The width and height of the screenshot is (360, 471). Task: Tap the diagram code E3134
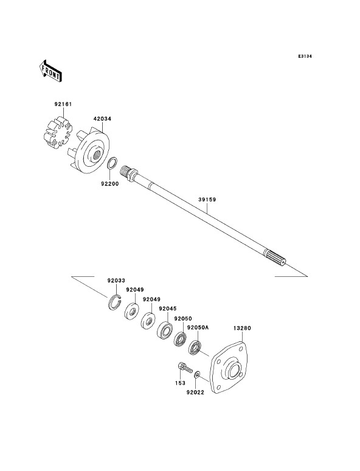click(x=305, y=56)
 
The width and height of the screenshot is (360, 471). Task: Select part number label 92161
click(x=63, y=104)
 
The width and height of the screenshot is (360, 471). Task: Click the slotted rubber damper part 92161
click(x=58, y=133)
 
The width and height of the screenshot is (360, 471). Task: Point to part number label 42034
click(x=102, y=119)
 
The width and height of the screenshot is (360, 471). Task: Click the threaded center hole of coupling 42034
click(x=96, y=155)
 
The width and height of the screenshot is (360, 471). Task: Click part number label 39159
click(x=207, y=199)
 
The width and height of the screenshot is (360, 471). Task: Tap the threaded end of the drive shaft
click(x=125, y=172)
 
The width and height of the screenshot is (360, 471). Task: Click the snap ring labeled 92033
click(x=114, y=302)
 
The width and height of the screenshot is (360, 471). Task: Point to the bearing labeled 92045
click(x=165, y=330)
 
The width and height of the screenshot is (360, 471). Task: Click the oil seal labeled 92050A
click(x=195, y=347)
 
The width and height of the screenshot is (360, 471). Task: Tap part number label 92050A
click(x=198, y=327)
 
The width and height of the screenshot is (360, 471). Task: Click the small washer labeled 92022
click(x=197, y=375)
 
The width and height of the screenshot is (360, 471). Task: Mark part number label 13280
click(x=242, y=328)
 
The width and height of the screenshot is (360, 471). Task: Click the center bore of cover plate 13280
click(x=235, y=371)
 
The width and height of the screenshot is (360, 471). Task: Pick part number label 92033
click(x=116, y=281)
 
